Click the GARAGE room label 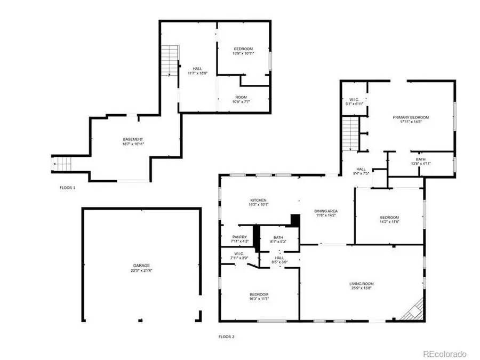(141, 265)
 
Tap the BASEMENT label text (133, 139)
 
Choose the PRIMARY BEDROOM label (411, 117)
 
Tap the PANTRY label (239, 237)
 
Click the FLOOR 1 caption (67, 188)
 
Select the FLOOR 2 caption (226, 337)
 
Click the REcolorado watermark (445, 354)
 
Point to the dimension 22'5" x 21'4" (141, 270)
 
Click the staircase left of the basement (62, 164)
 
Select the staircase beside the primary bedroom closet (349, 133)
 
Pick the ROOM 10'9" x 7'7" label (243, 99)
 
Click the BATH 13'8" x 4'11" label (421, 162)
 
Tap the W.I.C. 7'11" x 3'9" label (238, 255)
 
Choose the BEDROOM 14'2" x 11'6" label (389, 220)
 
